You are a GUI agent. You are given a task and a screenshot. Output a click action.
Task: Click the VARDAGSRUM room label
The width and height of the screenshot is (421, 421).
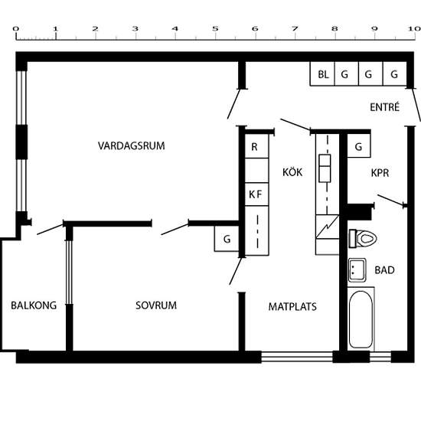(x=131, y=145)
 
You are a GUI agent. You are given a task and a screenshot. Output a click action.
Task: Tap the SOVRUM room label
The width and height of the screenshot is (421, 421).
(x=156, y=305)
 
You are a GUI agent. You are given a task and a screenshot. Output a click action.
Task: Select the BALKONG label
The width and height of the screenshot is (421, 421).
(x=34, y=305)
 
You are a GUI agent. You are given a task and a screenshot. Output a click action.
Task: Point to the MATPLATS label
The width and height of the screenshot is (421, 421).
(x=292, y=307)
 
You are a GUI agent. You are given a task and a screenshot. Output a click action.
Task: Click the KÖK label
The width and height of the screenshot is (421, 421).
(x=292, y=172)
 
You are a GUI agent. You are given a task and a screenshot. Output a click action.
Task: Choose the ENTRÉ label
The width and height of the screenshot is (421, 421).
(x=384, y=107)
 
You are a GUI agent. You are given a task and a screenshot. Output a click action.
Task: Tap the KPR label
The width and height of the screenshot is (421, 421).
(x=380, y=173)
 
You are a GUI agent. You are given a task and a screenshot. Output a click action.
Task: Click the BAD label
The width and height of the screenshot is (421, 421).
(x=384, y=270)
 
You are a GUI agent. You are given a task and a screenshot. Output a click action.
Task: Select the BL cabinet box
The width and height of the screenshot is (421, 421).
(x=323, y=74)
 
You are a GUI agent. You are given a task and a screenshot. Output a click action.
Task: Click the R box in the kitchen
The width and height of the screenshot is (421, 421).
(x=255, y=146)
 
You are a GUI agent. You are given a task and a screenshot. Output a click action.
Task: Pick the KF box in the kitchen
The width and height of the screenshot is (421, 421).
(x=255, y=194)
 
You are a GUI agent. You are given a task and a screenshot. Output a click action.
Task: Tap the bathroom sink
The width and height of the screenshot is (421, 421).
(x=357, y=269)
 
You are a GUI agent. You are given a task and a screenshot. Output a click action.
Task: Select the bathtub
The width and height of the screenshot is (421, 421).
(x=361, y=319)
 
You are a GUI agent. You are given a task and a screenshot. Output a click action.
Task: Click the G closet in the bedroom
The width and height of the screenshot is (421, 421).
(x=227, y=240)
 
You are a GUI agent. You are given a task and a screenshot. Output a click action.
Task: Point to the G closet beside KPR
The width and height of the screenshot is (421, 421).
(x=358, y=146)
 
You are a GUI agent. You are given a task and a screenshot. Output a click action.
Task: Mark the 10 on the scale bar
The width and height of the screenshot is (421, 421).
(x=413, y=28)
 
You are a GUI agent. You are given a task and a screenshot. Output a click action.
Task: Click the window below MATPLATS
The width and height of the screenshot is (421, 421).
(x=297, y=357)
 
